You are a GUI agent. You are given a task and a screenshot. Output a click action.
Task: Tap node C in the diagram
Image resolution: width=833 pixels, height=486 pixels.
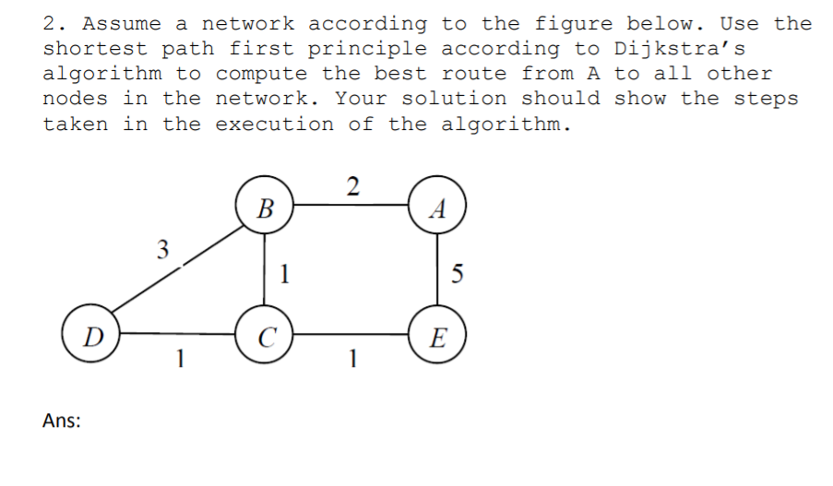click(265, 333)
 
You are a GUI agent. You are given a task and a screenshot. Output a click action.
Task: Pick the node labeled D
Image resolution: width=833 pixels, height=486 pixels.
click(90, 335)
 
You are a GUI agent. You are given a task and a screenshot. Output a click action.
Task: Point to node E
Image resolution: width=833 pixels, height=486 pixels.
click(438, 333)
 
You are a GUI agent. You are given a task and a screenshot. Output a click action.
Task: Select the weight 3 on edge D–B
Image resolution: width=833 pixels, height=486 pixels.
click(162, 249)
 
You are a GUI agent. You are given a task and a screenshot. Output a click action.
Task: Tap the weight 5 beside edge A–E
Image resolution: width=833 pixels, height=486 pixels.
click(458, 273)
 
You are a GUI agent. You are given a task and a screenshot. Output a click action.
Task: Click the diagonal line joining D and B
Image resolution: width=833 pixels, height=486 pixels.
click(175, 273)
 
